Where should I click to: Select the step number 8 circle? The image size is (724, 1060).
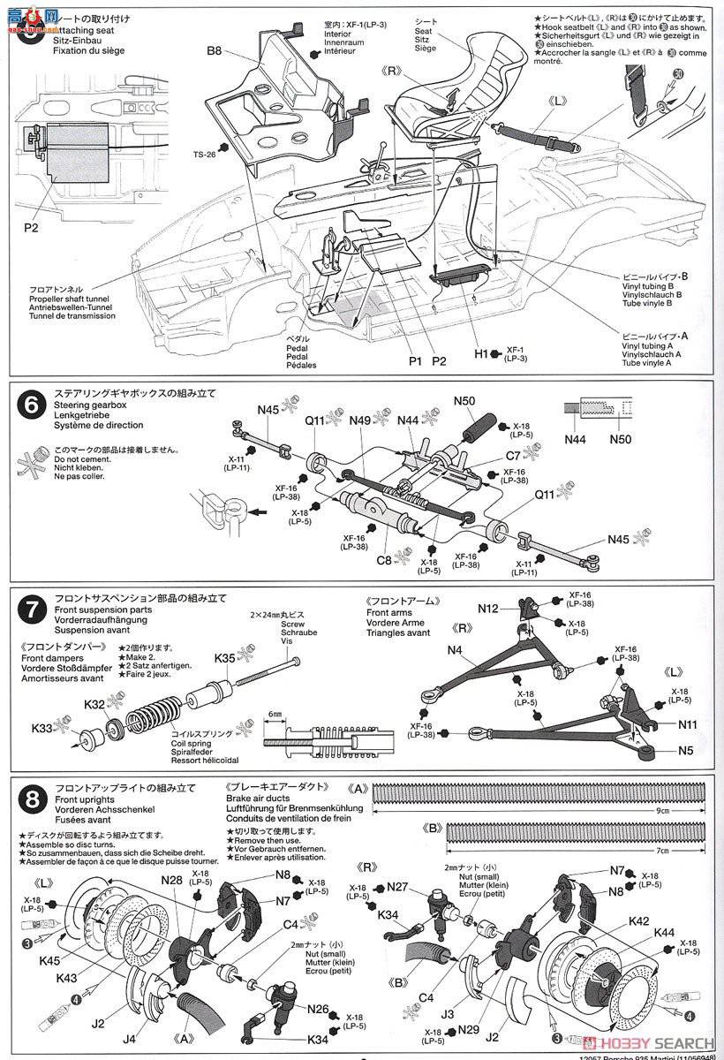pyautogui.click(x=32, y=800)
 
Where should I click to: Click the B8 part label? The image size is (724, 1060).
pyautogui.click(x=215, y=51)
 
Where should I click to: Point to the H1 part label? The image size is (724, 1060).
pyautogui.click(x=481, y=353)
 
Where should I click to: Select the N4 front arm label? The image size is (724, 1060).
pyautogui.click(x=456, y=650)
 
